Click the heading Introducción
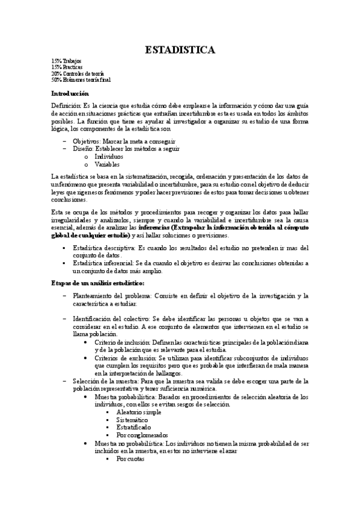coord(70,94)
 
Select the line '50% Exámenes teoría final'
coord(81,79)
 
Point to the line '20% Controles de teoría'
coord(78,73)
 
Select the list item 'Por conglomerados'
coord(142,435)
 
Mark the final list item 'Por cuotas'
coord(131,458)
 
